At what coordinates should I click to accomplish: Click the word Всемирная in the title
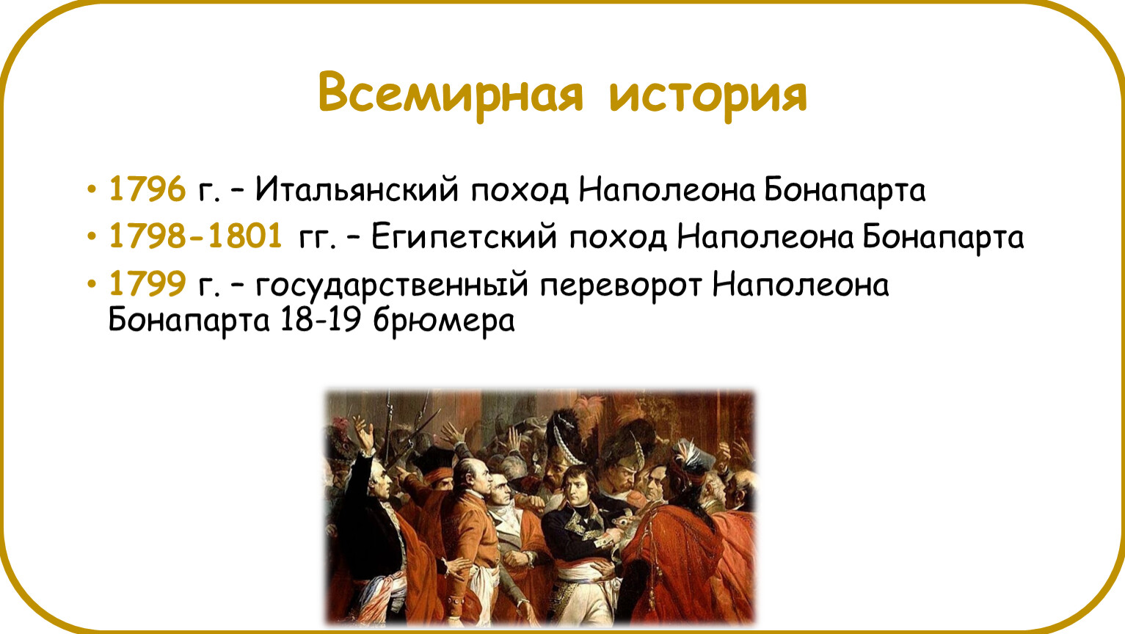[x=451, y=94]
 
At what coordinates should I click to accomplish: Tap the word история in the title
[x=708, y=96]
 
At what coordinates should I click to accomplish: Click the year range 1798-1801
[x=195, y=236]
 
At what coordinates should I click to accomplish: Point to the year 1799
[x=148, y=283]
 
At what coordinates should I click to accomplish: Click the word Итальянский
[x=357, y=190]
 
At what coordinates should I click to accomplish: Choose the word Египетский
[x=464, y=237]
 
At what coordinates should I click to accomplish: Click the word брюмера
[x=444, y=321]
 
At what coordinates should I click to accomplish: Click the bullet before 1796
[x=92, y=190]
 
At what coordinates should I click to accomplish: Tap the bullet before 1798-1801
[x=92, y=236]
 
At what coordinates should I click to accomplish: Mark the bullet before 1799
[x=92, y=283]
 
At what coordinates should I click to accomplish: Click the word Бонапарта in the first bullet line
[x=845, y=190]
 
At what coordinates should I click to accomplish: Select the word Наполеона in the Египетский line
[x=765, y=237]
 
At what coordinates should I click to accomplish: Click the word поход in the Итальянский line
[x=520, y=191]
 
